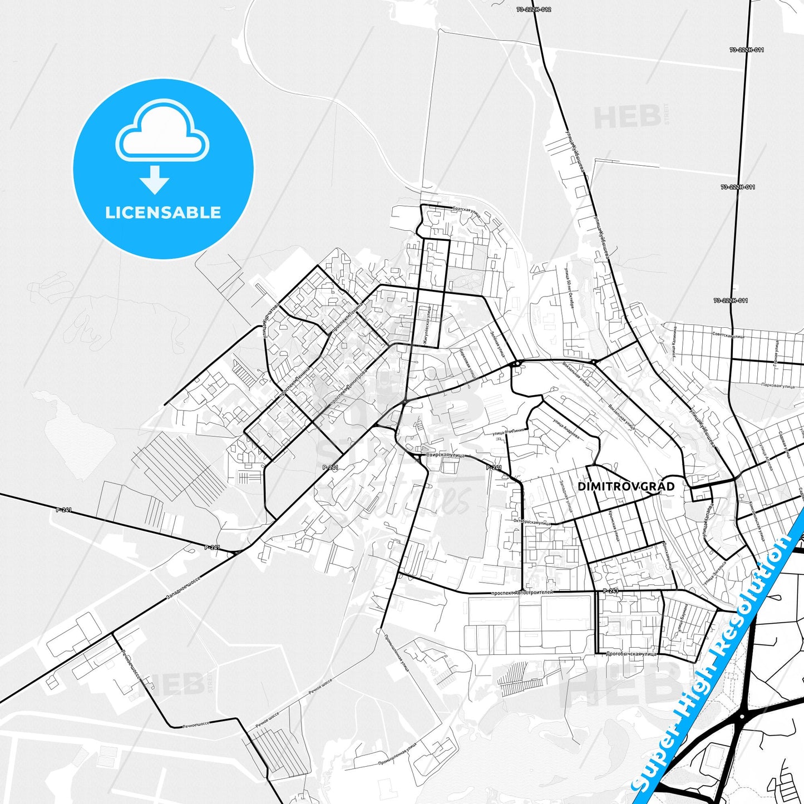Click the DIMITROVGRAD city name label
coord(626,486)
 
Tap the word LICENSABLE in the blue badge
coord(163,213)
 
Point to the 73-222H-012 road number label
coord(534,9)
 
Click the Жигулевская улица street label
coord(428,328)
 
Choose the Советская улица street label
coord(728,336)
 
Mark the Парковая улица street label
coord(778,385)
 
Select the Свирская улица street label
coord(445,455)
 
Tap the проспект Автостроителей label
coord(522,593)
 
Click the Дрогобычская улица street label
coord(632,654)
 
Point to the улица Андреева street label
coord(566,428)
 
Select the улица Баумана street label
coord(683,618)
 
